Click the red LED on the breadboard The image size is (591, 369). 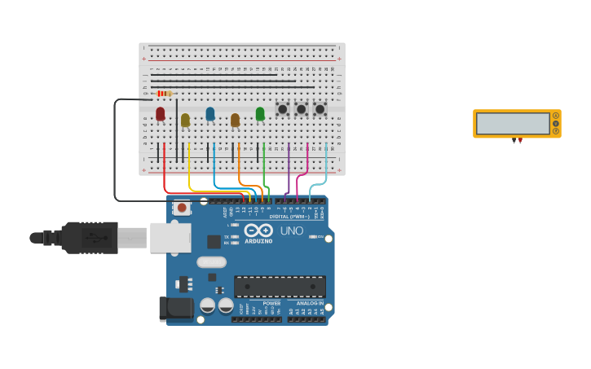[161, 113]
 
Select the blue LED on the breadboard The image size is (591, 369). [210, 113]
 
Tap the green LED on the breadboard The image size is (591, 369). [260, 113]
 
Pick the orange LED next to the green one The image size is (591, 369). [235, 120]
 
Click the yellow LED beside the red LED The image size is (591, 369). [185, 120]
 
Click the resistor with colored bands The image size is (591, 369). [164, 94]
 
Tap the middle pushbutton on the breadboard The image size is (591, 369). [301, 108]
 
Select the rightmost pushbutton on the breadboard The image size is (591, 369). [320, 108]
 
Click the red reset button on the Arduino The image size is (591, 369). [182, 209]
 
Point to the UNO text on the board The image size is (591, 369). [292, 231]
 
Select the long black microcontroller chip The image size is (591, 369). [280, 286]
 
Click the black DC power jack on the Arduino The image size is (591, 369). [175, 308]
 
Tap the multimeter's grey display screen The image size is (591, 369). [513, 124]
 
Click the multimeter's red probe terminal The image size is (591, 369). [520, 141]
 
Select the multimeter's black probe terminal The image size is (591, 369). [514, 141]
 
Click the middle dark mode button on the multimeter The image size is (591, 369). [556, 123]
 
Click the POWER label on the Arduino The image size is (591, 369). [271, 303]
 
